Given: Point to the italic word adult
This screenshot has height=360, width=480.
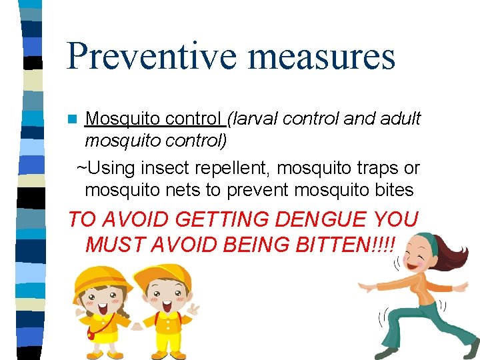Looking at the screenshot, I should coord(400,119).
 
